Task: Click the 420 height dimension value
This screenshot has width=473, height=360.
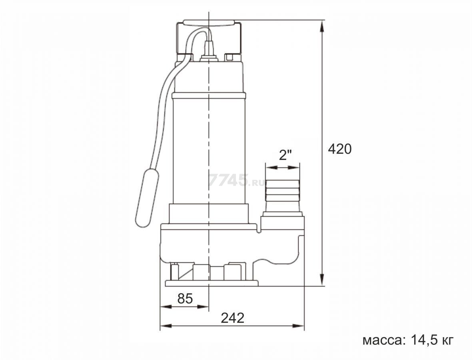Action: (340, 149)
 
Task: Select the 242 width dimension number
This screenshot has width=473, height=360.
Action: (233, 318)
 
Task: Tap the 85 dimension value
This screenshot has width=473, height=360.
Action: (185, 298)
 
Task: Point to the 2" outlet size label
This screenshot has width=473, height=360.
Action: (285, 156)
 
